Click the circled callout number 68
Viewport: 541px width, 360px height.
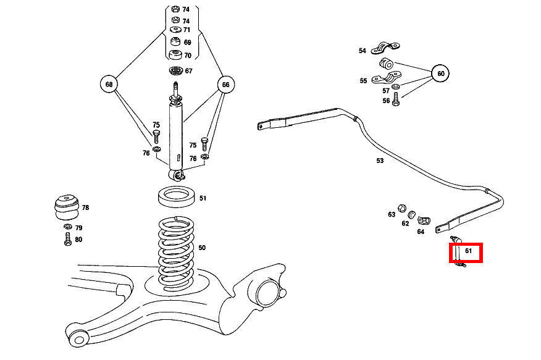pyautogui.click(x=109, y=84)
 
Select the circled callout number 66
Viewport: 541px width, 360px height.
pyautogui.click(x=225, y=84)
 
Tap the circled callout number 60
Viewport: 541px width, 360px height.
pyautogui.click(x=440, y=73)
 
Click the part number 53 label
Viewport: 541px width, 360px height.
pyautogui.click(x=380, y=161)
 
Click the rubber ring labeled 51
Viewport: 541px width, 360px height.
pyautogui.click(x=177, y=198)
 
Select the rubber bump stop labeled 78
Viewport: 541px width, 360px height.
pyautogui.click(x=65, y=207)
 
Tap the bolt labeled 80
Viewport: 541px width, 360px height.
pyautogui.click(x=67, y=240)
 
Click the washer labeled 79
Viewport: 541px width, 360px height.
pyautogui.click(x=67, y=228)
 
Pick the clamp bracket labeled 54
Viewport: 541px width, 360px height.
pyautogui.click(x=385, y=48)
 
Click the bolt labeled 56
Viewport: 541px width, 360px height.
pyautogui.click(x=396, y=100)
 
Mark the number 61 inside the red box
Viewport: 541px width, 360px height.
pyautogui.click(x=469, y=251)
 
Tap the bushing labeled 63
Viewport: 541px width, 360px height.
pyautogui.click(x=401, y=206)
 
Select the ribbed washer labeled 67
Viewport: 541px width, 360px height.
pyautogui.click(x=175, y=70)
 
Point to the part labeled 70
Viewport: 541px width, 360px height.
pyautogui.click(x=175, y=56)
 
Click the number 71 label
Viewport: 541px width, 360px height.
pyautogui.click(x=187, y=30)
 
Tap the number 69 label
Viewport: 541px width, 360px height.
pyautogui.click(x=187, y=43)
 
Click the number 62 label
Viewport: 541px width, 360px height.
pyautogui.click(x=405, y=224)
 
